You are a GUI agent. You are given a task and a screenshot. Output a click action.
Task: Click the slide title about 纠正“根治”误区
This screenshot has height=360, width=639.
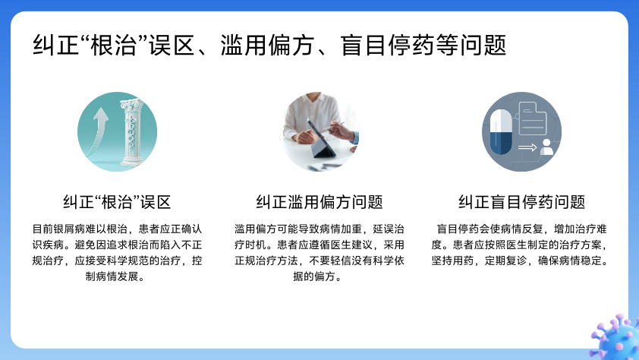tap(269, 45)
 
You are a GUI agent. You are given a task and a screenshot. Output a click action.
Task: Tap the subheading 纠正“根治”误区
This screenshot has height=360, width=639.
tap(117, 202)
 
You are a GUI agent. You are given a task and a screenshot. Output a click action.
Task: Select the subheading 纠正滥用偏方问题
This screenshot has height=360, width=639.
tap(319, 202)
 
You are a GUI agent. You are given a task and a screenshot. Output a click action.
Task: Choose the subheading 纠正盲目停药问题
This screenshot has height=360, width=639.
tap(521, 202)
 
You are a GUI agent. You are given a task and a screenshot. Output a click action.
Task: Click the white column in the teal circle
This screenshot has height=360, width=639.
tap(131, 132)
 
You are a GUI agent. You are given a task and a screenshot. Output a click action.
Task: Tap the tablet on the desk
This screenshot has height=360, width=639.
tap(323, 139)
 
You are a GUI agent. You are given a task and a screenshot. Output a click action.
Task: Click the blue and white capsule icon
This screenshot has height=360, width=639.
tap(501, 131)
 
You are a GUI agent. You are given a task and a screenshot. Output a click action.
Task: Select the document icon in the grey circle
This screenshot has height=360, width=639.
tap(532, 118)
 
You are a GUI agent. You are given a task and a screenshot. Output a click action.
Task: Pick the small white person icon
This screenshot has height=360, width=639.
tap(546, 147)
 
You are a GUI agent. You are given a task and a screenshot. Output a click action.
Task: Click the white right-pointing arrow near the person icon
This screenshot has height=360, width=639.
tap(527, 147)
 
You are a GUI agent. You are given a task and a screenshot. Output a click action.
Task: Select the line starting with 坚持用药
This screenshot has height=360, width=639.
tap(520, 261)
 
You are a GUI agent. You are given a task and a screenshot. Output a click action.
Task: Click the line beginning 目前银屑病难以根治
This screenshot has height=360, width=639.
tap(118, 229)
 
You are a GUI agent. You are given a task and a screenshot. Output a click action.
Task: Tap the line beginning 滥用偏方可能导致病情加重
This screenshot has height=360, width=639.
tap(319, 229)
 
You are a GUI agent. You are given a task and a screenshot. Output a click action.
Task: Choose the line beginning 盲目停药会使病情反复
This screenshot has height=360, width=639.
tap(522, 229)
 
